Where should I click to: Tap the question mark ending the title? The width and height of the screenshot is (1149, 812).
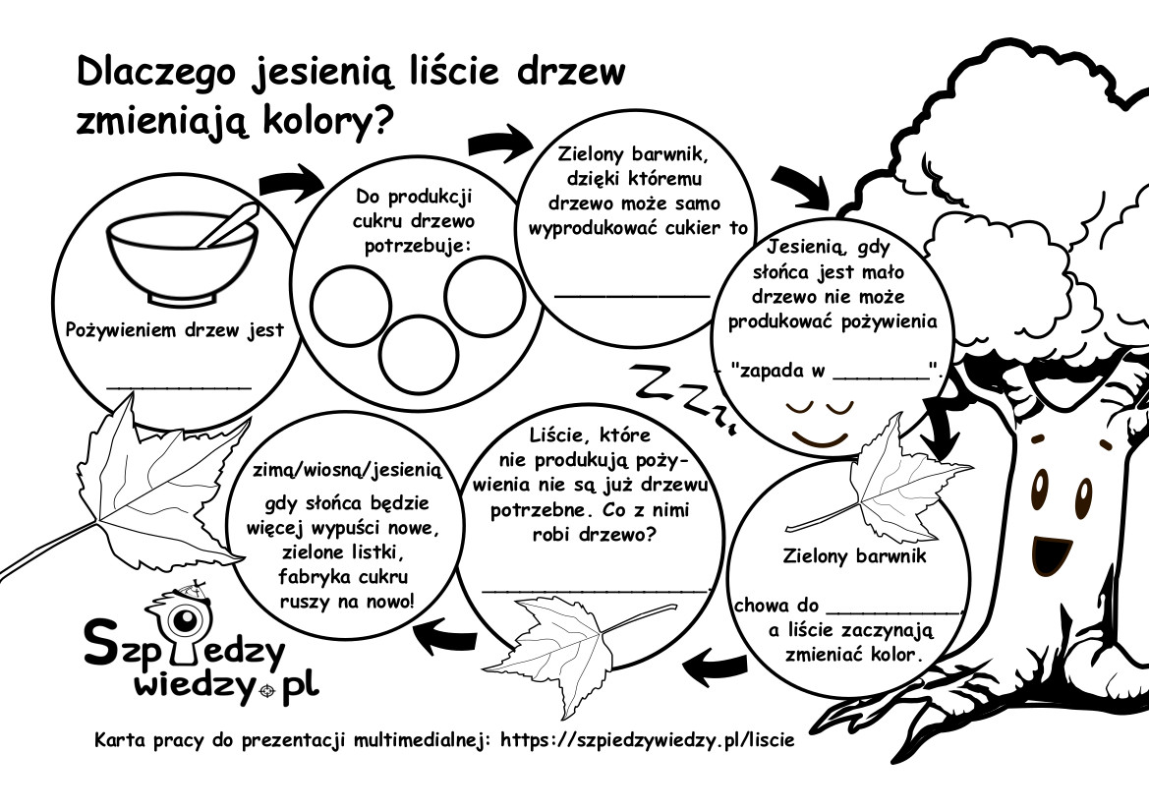(x=375, y=120)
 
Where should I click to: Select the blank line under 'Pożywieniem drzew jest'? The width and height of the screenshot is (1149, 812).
(x=180, y=387)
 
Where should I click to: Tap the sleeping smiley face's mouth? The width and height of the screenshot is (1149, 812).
(x=820, y=439)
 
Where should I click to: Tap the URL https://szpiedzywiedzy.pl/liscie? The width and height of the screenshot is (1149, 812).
(x=647, y=740)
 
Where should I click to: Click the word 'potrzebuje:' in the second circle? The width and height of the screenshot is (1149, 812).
(x=417, y=246)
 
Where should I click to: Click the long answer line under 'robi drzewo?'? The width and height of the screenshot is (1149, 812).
(x=596, y=589)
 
